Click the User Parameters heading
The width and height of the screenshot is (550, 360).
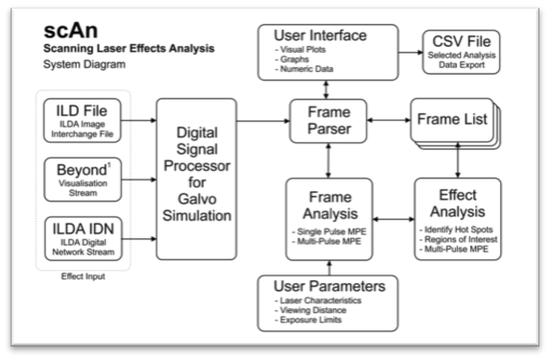pyautogui.click(x=331, y=286)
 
